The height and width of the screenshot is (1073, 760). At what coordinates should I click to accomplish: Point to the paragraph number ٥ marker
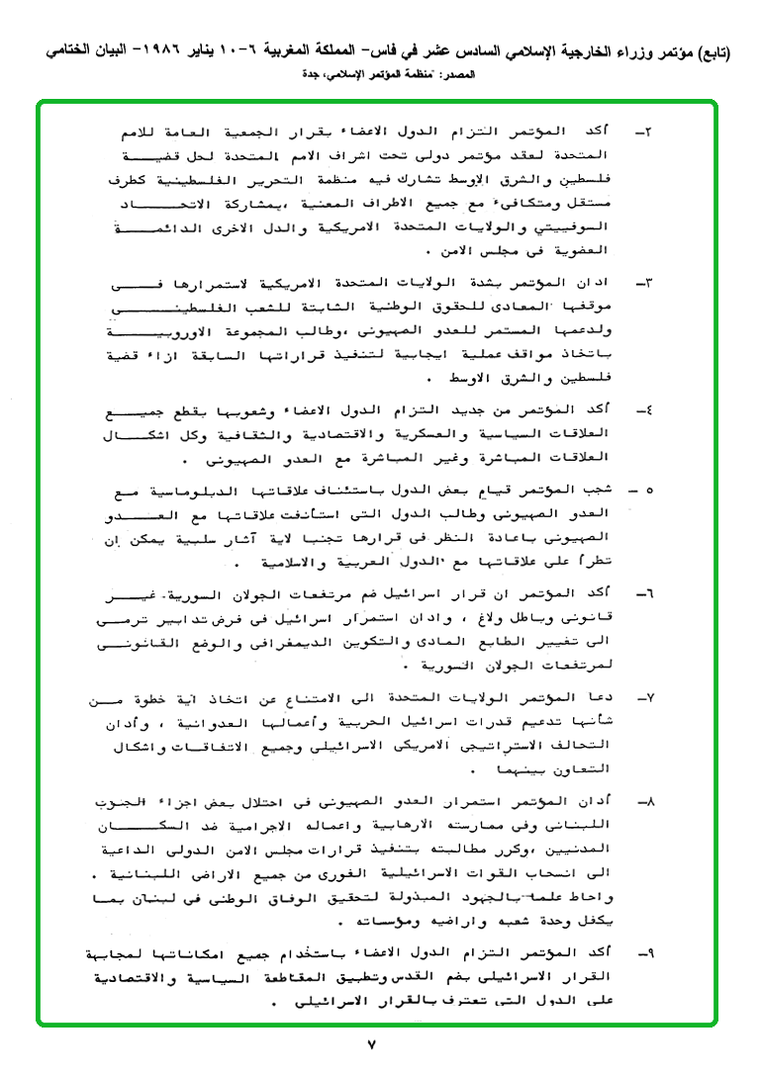[644, 490]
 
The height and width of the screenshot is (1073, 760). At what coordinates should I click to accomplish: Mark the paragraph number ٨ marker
[643, 799]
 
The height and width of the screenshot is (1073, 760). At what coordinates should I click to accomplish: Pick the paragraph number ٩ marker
[643, 951]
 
